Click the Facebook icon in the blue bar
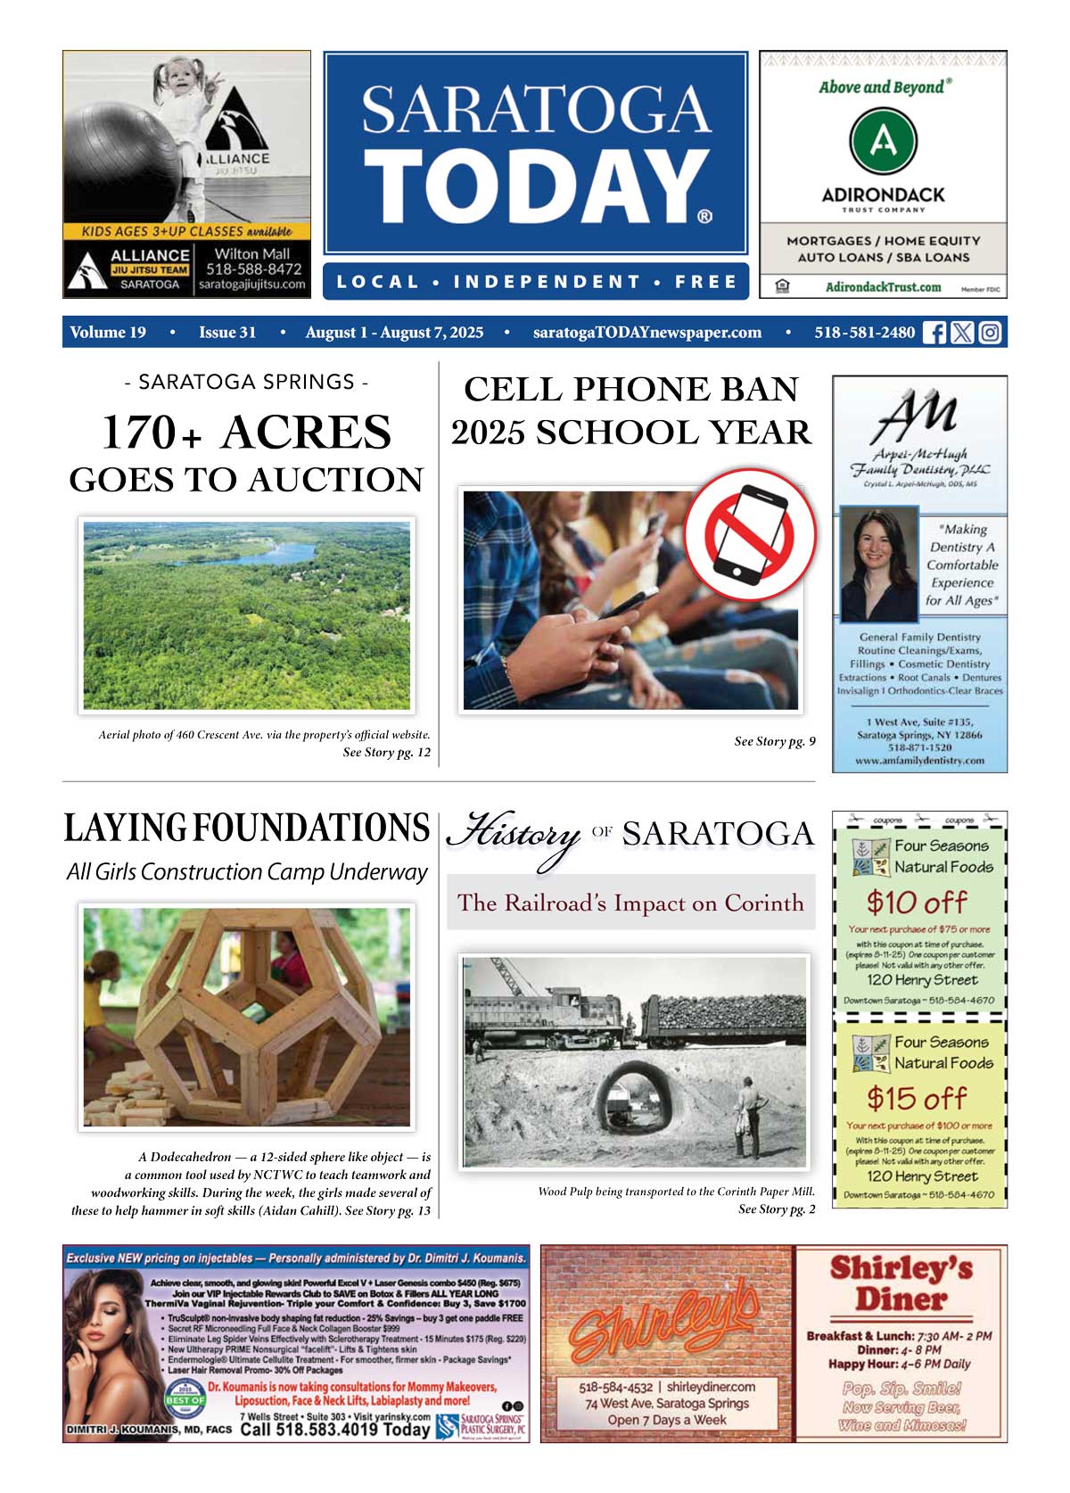[x=934, y=333]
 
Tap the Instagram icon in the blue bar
[x=990, y=333]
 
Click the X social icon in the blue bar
[x=961, y=333]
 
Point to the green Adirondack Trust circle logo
[x=882, y=141]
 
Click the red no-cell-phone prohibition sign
[x=751, y=534]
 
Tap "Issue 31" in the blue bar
[x=227, y=333]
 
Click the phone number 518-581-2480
[x=864, y=333]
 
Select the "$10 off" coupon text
[x=917, y=903]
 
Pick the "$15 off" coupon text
[x=917, y=1098]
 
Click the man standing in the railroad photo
[x=745, y=1115]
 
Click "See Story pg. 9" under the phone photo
[x=774, y=741]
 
